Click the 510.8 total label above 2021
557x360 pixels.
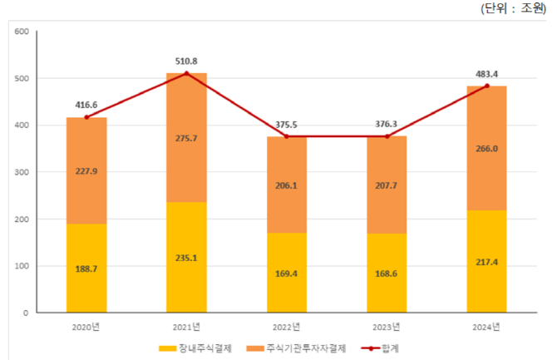pyautogui.click(x=186, y=61)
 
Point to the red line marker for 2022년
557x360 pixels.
pyautogui.click(x=286, y=136)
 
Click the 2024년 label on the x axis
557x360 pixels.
pyautogui.click(x=486, y=326)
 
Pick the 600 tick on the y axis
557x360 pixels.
pyautogui.click(x=22, y=32)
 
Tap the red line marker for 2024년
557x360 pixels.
pyautogui.click(x=486, y=86)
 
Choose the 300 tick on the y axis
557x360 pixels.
pyautogui.click(x=22, y=172)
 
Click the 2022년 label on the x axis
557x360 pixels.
pyautogui.click(x=286, y=326)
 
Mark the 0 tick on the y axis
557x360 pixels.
pyautogui.click(x=26, y=313)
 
